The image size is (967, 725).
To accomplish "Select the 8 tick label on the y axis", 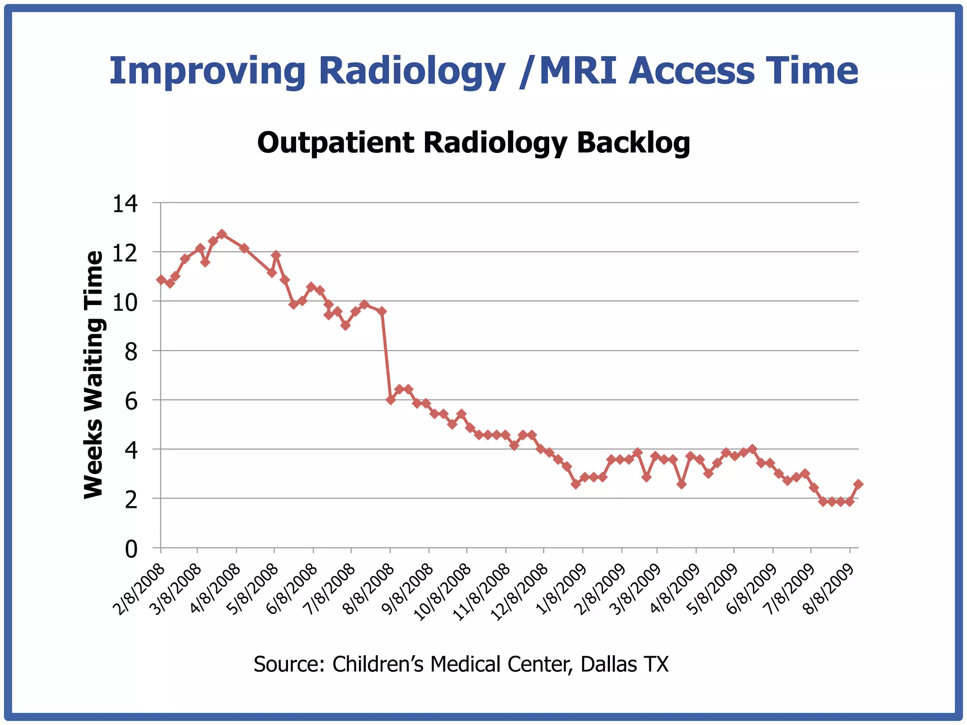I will [131, 352].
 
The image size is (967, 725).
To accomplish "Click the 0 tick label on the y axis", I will [131, 549].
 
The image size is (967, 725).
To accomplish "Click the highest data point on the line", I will [222, 234].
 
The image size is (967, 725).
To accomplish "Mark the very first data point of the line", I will [161, 280].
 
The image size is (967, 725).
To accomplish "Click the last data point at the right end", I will [858, 484].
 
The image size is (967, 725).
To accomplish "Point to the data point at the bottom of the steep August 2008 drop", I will [390, 400].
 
